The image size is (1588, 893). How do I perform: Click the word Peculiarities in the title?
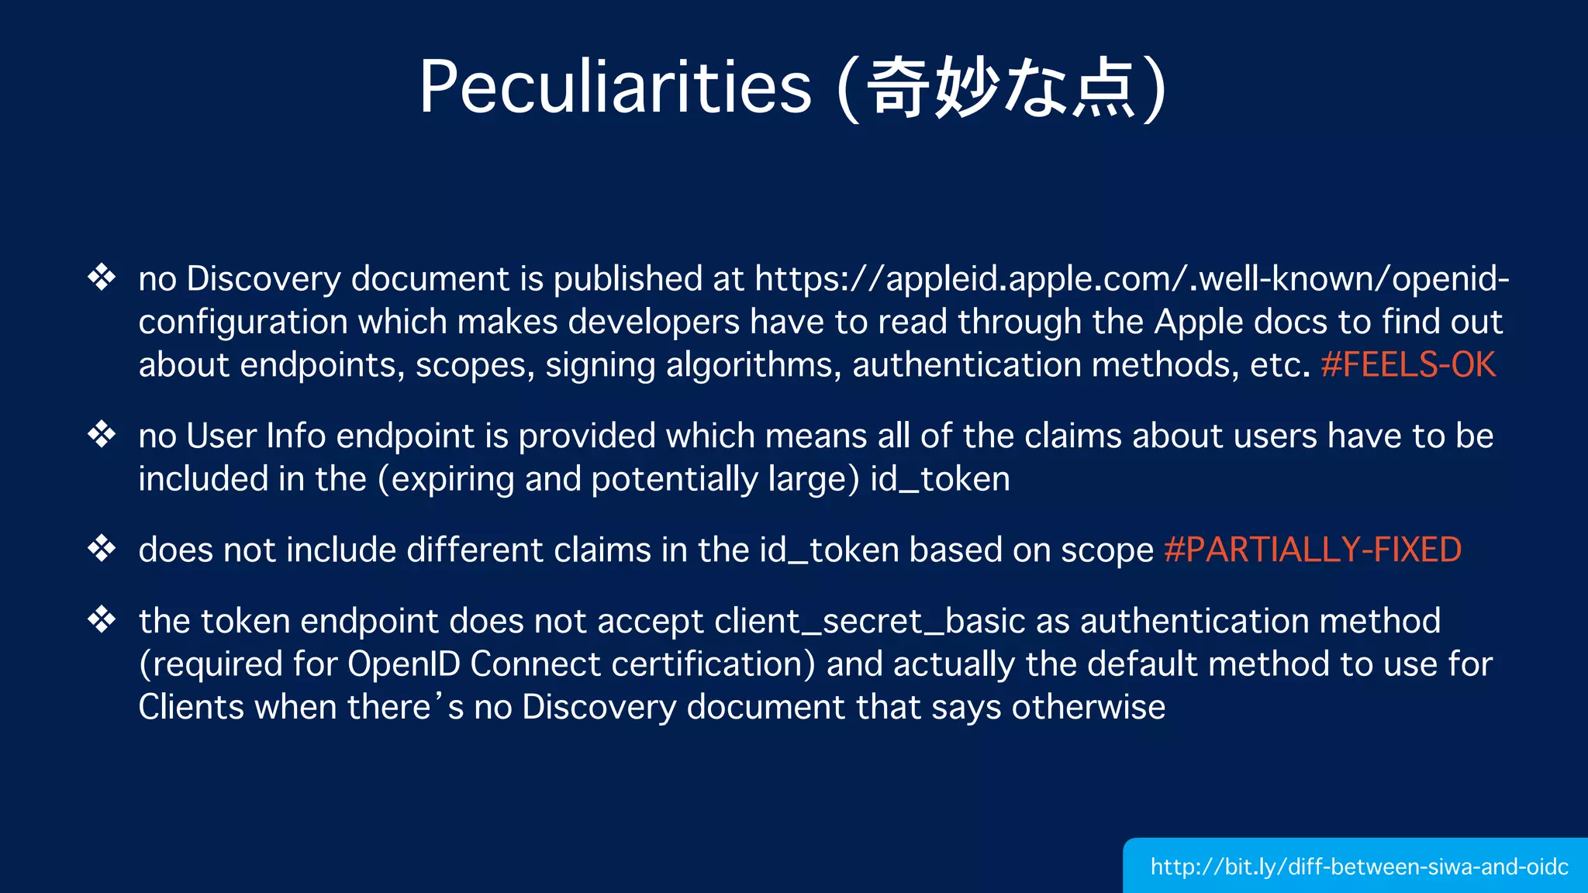coord(615,87)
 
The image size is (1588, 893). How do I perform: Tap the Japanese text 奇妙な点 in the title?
coord(1001,88)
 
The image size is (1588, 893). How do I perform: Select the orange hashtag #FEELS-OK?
coord(1408,364)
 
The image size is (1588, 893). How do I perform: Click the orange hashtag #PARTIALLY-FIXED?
coord(1313,550)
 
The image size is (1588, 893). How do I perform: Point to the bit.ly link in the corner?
coord(1359,866)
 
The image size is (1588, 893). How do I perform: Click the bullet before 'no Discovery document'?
coord(102,277)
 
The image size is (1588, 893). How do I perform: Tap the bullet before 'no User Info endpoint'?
coord(102,434)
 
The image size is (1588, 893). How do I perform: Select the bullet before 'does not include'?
coord(102,548)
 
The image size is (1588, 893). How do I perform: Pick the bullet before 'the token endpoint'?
coord(102,619)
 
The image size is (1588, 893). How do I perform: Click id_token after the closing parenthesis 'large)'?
coord(940,479)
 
